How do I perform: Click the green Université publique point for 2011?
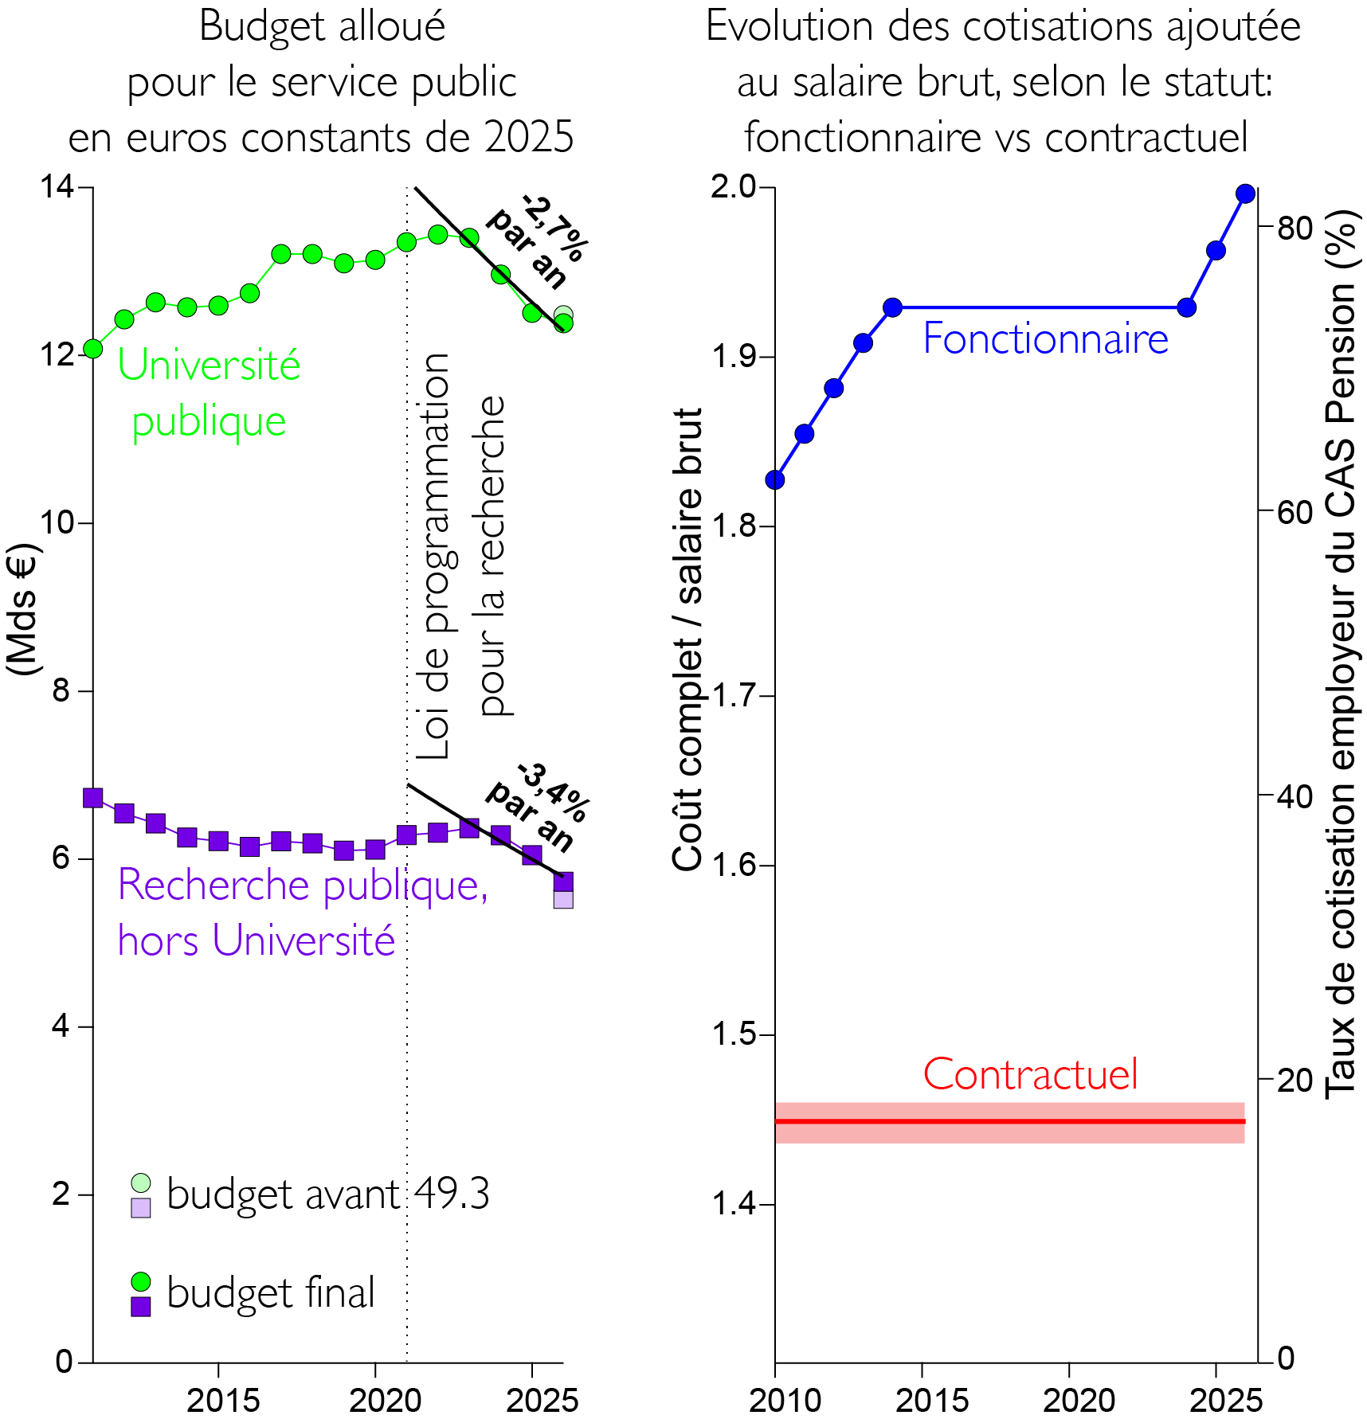(x=93, y=349)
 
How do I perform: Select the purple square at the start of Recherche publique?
(x=93, y=797)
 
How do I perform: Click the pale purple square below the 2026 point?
(x=563, y=899)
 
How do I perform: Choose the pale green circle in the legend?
(x=141, y=1183)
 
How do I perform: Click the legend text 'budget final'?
(x=271, y=1293)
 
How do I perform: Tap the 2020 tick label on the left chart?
(x=386, y=1400)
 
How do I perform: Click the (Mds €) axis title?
(x=22, y=609)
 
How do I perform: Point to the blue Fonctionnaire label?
(x=1045, y=339)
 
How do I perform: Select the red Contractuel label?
(x=1031, y=1075)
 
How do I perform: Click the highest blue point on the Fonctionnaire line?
(x=1246, y=194)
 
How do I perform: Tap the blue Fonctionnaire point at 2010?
(x=775, y=480)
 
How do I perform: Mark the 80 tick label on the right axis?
(x=1295, y=229)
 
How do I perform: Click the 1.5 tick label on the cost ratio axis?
(x=733, y=1034)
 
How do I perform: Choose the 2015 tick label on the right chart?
(x=932, y=1400)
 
